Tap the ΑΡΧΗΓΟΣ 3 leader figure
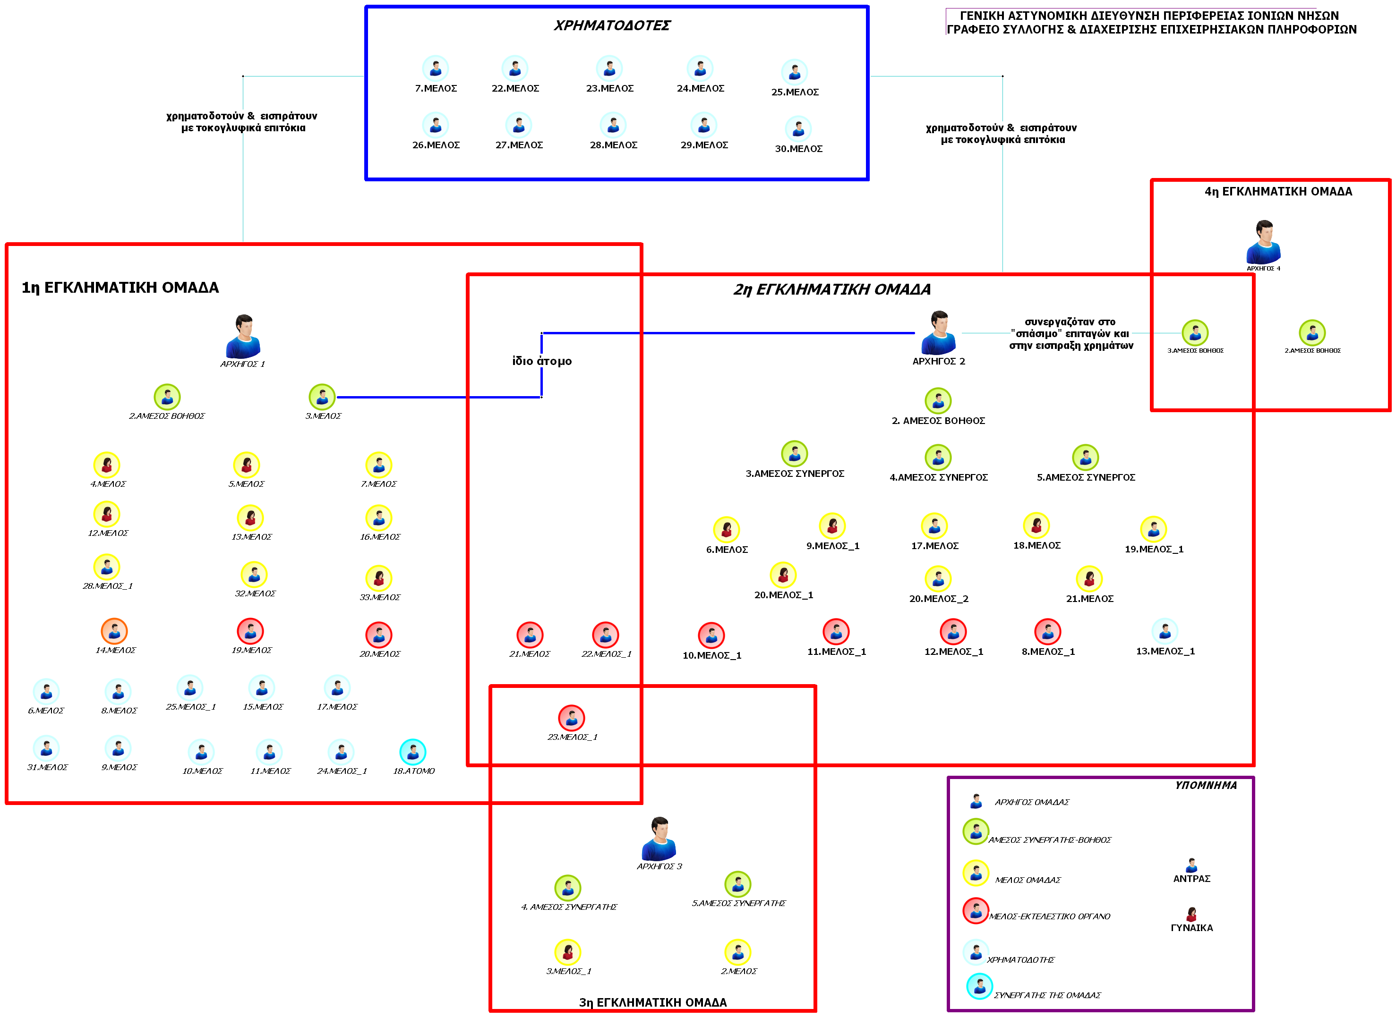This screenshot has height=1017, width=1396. tap(659, 839)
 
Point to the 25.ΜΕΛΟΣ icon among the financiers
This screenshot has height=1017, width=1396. tap(794, 73)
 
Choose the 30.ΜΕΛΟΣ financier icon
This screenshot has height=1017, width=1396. tap(798, 129)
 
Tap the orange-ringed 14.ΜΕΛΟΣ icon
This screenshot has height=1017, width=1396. tap(114, 631)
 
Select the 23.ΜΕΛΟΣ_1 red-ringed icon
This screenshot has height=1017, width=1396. tap(572, 718)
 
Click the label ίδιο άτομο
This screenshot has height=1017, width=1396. tap(542, 361)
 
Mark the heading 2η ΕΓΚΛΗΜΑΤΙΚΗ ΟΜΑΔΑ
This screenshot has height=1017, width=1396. tap(831, 289)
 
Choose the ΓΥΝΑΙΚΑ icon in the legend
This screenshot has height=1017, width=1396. tap(1191, 914)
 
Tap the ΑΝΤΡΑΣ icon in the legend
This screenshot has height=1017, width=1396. tap(1191, 865)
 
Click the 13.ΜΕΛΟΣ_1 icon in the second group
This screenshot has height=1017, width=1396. tap(1165, 631)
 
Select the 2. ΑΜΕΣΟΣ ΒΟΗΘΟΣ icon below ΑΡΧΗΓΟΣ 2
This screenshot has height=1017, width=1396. tap(938, 401)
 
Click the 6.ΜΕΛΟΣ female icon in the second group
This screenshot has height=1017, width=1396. tap(727, 529)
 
